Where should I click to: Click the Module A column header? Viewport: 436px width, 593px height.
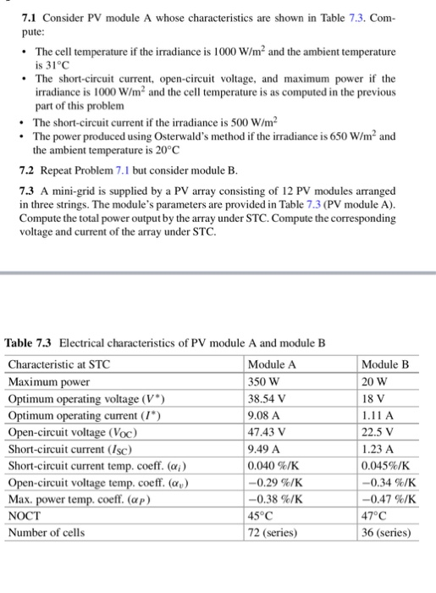(x=273, y=364)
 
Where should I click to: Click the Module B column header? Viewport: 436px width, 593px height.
(x=385, y=364)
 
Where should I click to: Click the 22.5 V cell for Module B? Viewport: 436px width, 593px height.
(x=378, y=433)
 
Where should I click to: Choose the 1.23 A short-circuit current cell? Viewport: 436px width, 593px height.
(x=378, y=450)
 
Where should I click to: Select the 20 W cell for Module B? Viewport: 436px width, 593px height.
(x=373, y=381)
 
